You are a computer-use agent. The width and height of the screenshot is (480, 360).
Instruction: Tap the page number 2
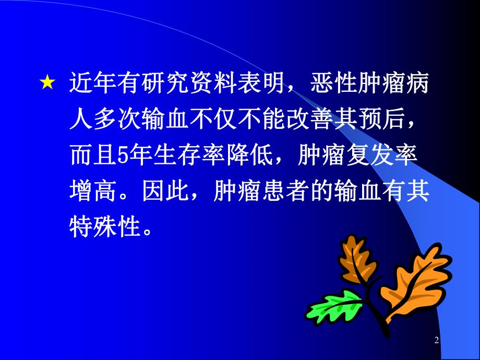tap(437, 341)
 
